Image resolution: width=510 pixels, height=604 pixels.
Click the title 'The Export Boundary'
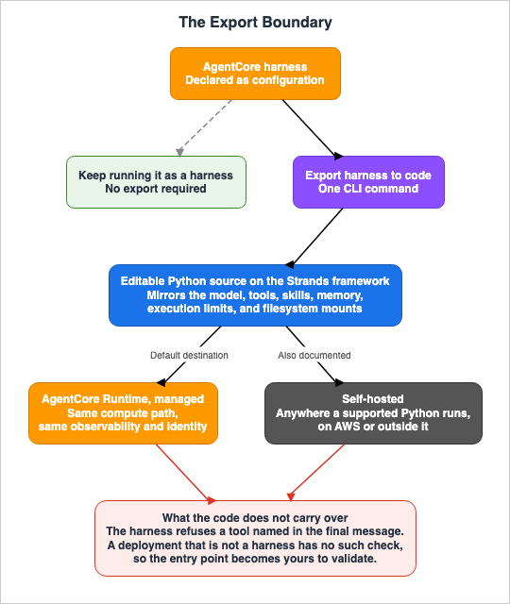[255, 23]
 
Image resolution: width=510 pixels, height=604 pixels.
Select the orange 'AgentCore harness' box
[255, 74]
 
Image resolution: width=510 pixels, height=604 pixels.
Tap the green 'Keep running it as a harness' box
[156, 182]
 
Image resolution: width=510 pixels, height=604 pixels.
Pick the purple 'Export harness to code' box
[368, 182]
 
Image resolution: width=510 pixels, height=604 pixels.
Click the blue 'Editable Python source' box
[255, 295]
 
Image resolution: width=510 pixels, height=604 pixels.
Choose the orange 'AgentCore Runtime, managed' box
[123, 413]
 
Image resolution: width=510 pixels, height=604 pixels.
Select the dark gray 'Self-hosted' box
[373, 413]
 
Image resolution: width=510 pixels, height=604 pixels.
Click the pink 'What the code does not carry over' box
[255, 538]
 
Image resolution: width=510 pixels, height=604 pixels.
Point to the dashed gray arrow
[205, 128]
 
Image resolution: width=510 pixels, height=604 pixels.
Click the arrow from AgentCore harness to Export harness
[313, 129]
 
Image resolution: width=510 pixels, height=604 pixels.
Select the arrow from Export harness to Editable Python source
[314, 238]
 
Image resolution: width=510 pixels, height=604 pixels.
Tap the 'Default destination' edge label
[189, 355]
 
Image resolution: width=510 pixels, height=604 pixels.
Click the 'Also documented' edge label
[314, 355]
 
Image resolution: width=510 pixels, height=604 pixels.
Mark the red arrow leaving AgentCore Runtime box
[186, 474]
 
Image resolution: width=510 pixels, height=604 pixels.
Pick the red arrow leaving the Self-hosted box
[316, 472]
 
